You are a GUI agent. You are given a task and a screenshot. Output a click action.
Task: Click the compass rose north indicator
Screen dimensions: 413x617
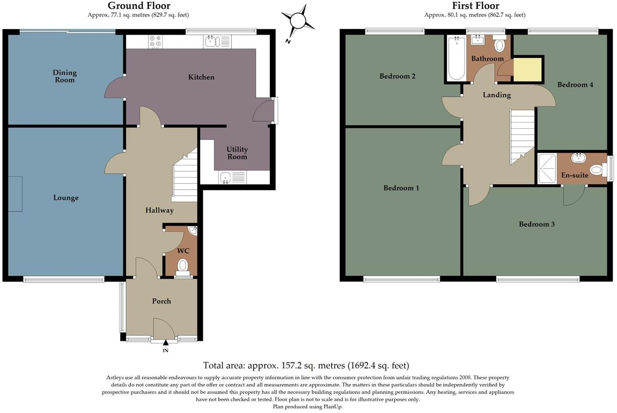coord(297,21)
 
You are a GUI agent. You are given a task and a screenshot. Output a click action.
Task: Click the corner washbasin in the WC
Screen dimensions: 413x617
coord(192,231)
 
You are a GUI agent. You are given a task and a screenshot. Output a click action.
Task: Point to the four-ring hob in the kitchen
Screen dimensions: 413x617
coord(155,42)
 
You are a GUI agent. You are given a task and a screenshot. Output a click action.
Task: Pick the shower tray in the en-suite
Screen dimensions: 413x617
coord(547,168)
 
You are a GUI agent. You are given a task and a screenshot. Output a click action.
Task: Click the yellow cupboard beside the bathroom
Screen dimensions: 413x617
coord(527,70)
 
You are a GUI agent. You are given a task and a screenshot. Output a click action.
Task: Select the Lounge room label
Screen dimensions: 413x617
coord(66,198)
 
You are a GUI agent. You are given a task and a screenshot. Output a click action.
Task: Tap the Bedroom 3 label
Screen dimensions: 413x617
coord(536,224)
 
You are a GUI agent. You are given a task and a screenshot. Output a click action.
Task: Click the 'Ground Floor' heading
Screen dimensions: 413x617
coord(139,6)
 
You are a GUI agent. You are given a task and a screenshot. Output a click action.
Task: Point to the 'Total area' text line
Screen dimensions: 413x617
coord(306,365)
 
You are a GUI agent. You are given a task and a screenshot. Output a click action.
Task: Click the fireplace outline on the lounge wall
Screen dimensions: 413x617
coord(15,194)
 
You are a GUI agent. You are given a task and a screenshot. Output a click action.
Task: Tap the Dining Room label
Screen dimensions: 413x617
coord(65,76)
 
